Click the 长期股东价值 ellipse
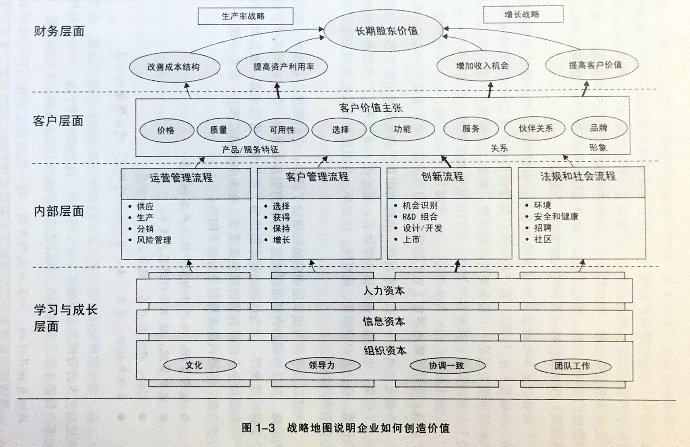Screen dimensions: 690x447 383,31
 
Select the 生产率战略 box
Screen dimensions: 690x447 245,16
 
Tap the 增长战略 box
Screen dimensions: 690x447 523,14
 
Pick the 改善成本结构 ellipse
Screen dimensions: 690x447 174,67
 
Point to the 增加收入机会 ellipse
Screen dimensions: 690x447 482,66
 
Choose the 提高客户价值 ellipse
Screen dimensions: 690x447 592,65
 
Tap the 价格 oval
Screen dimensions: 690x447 167,130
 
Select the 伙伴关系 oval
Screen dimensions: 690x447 535,129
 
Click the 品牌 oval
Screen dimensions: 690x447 599,128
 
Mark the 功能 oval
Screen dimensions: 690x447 402,129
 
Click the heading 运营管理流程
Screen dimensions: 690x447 182,178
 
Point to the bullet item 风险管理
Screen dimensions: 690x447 154,240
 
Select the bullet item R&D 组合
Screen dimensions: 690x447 420,217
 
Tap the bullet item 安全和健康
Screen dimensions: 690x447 556,216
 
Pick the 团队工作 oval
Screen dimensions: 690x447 572,366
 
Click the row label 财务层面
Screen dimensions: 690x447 59,31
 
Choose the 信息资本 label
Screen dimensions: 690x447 383,321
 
